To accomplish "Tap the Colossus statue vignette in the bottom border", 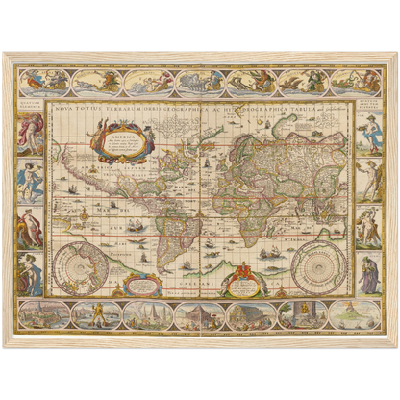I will (95, 314).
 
